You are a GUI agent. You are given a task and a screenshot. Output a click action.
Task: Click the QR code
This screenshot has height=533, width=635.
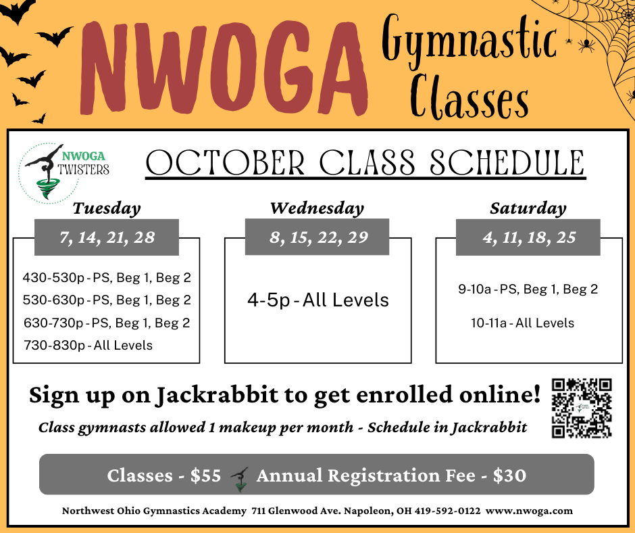[x=582, y=408]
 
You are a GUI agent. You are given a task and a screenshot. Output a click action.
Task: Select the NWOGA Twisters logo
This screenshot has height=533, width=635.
[x=64, y=172]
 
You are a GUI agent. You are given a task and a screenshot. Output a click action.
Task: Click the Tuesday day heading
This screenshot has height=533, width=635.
[x=107, y=208]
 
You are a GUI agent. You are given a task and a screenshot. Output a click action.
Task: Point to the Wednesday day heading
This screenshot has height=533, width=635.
[x=317, y=208]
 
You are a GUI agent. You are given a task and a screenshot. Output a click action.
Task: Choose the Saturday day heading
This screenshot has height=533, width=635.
[x=528, y=208]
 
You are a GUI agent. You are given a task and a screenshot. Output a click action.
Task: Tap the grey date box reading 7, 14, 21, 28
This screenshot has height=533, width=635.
[x=107, y=237]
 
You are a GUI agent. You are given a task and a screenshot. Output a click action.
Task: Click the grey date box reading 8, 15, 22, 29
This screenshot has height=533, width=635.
[x=317, y=237]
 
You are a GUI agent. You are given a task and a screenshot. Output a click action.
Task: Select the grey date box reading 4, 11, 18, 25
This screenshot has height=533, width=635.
[x=528, y=237]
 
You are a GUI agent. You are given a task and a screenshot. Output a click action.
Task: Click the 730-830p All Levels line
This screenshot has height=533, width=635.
[x=88, y=345]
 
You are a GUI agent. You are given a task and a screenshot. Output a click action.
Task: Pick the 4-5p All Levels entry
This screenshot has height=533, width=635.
[x=318, y=300]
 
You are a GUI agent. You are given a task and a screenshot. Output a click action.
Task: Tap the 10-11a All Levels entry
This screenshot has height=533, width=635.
[x=522, y=323]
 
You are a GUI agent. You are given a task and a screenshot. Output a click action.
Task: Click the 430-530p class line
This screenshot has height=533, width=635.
[x=107, y=278]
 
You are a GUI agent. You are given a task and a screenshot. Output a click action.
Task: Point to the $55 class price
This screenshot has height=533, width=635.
[x=206, y=476]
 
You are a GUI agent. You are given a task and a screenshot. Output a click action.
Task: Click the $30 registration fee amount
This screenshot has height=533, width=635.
[x=509, y=476]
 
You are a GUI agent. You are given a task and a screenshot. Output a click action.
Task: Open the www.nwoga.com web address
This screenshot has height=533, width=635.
[x=530, y=511]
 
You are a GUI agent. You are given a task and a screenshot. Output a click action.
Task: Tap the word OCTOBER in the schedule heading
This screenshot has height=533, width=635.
[x=225, y=162]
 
